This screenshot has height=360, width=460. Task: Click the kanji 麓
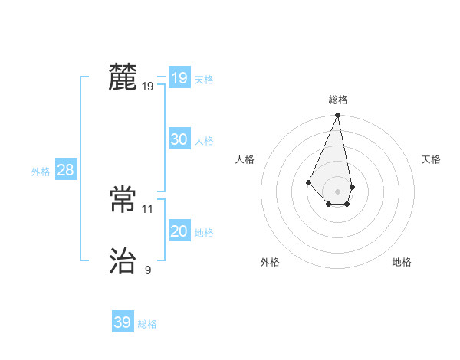click(x=123, y=77)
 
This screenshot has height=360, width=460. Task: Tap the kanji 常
click(x=123, y=200)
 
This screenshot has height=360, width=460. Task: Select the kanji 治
click(x=123, y=261)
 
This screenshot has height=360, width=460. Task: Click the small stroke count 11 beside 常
click(x=148, y=208)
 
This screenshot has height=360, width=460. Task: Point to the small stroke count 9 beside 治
click(x=148, y=270)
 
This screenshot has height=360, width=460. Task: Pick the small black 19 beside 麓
click(x=148, y=87)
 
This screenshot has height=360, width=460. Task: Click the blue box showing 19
click(x=179, y=78)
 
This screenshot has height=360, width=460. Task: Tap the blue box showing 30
click(x=179, y=139)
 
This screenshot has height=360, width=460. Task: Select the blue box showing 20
click(x=179, y=231)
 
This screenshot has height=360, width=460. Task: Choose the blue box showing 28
click(x=65, y=170)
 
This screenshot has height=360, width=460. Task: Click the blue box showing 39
click(x=122, y=322)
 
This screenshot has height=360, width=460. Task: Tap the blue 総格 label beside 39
click(x=147, y=324)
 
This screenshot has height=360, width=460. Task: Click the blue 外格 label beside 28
click(x=41, y=172)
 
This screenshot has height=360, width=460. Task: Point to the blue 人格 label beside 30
click(x=204, y=141)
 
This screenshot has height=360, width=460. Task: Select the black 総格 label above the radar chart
click(x=338, y=100)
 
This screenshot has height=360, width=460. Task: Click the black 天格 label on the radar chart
click(x=432, y=159)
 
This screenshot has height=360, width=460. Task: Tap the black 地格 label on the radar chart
click(x=402, y=262)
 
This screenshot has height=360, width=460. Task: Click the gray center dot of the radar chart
click(x=338, y=191)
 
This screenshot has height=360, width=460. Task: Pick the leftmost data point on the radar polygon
click(x=308, y=182)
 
